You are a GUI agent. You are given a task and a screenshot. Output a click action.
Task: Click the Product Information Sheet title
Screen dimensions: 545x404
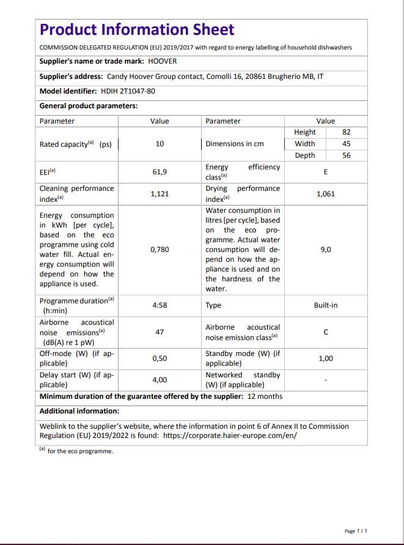(136, 29)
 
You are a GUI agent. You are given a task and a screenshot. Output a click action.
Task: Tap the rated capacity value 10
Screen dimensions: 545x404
(160, 144)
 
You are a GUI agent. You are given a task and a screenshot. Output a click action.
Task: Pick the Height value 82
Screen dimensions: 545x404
(347, 132)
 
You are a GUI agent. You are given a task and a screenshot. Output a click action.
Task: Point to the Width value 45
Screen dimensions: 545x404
(347, 144)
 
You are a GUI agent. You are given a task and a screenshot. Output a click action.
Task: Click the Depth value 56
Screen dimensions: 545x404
(347, 155)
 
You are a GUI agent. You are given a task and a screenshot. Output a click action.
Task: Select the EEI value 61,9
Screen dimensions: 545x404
(160, 172)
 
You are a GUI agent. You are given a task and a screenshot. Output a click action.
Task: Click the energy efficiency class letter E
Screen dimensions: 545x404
(326, 172)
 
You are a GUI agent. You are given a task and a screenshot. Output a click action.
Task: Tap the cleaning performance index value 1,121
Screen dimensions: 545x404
(160, 194)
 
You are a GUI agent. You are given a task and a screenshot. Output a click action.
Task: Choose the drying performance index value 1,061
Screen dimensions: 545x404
(326, 194)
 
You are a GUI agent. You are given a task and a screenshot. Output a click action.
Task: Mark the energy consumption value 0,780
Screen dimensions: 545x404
(160, 250)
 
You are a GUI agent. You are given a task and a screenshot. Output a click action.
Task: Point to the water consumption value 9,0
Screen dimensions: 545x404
(326, 250)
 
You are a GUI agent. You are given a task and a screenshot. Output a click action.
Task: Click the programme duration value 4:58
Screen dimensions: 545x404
(160, 305)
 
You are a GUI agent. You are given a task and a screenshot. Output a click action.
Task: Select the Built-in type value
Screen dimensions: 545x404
(326, 305)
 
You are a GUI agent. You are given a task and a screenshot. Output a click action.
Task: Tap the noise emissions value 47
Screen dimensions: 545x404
(160, 332)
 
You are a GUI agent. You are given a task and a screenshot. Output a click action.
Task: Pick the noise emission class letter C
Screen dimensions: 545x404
(326, 332)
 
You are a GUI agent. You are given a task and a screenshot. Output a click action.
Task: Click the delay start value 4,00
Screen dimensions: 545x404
(160, 380)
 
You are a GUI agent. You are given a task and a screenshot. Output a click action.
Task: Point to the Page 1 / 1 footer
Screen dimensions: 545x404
(356, 531)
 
